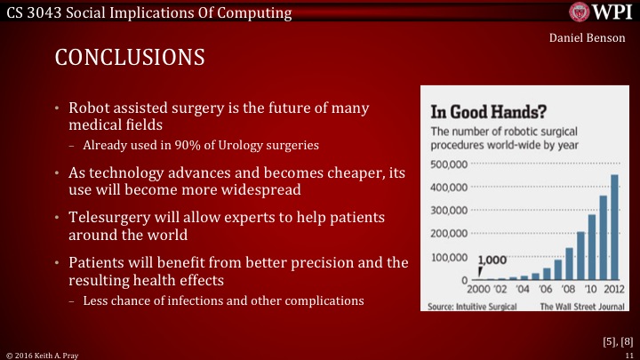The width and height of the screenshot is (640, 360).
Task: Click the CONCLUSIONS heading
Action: click(x=130, y=58)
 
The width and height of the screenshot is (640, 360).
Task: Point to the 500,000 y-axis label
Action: click(x=448, y=165)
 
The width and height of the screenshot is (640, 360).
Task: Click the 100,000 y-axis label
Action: click(x=448, y=257)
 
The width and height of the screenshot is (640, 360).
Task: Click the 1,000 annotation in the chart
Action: click(x=493, y=260)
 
